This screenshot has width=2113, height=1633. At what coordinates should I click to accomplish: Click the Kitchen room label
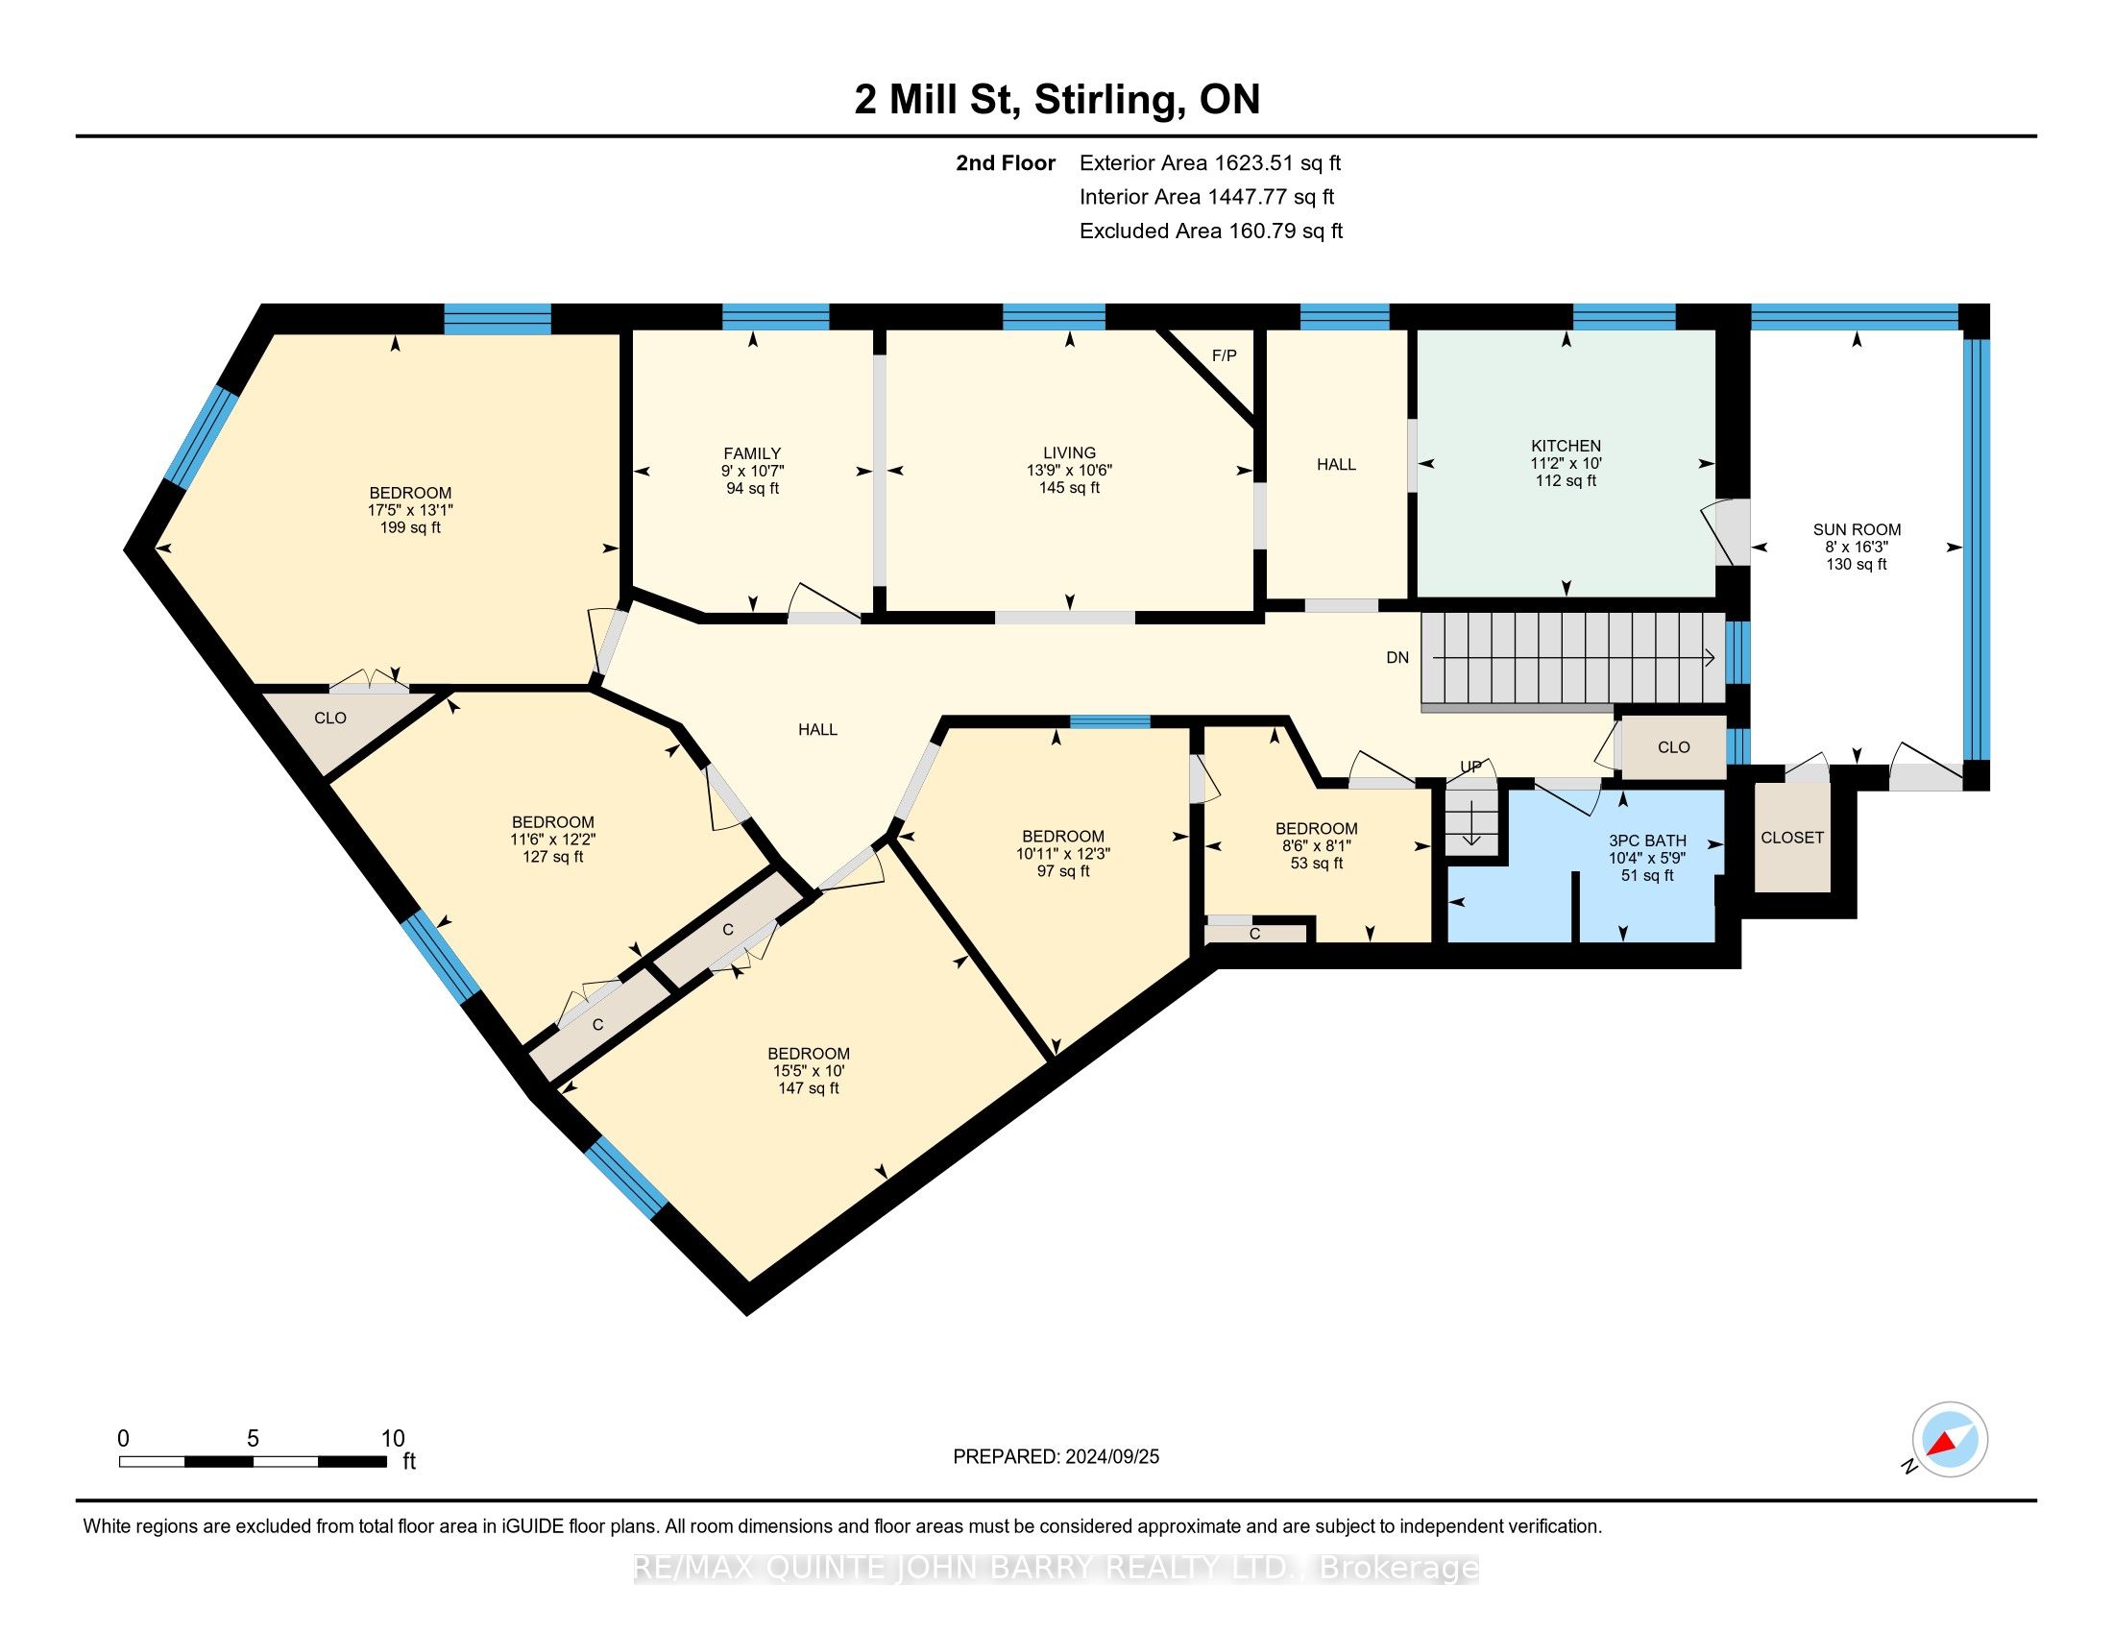pos(1566,446)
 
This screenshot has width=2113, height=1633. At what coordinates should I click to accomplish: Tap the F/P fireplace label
pos(1224,355)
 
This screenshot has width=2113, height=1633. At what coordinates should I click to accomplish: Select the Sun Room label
pos(1857,529)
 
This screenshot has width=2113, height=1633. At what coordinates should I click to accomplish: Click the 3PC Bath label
pos(1646,841)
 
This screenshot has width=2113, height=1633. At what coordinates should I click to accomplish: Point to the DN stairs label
pos(1397,658)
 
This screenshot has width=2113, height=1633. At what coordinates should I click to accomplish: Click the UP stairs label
pos(1470,767)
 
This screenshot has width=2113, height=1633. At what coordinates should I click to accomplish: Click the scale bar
pos(253,1461)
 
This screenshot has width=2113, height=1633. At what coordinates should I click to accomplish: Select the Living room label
pos(1069,452)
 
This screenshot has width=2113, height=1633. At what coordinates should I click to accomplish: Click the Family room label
pos(752,452)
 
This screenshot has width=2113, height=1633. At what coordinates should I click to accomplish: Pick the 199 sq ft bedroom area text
pos(410,527)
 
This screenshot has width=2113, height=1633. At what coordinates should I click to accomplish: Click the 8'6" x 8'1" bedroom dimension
pos(1316,845)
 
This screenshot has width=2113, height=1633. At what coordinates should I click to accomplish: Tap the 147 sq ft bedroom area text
pos(808,1088)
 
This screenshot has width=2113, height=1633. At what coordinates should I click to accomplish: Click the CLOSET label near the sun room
pos(1792,838)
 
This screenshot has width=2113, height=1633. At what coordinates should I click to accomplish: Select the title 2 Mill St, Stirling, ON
pos(1056,100)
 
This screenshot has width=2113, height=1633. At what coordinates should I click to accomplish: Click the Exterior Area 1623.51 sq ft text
pos(1210,162)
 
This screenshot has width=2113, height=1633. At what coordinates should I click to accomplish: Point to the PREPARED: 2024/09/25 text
pos(1056,1457)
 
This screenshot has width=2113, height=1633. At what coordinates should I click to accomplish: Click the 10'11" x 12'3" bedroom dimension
pos(1062,853)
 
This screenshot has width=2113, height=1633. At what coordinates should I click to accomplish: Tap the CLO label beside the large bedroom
pos(329,718)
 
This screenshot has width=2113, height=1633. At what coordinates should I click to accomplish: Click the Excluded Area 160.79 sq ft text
pos(1211,232)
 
